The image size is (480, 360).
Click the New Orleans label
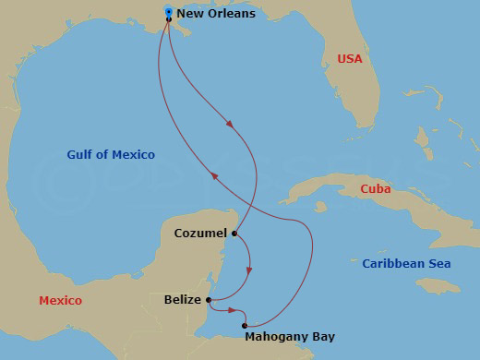(215, 14)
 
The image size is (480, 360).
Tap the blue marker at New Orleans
(168, 11)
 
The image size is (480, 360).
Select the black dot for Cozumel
(234, 234)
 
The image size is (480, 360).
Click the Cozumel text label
(200, 234)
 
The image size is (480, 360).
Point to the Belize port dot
(210, 299)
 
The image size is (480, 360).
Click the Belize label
(183, 299)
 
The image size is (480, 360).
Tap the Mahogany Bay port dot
(245, 325)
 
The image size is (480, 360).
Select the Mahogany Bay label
(290, 337)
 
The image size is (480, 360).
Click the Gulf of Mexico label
(111, 154)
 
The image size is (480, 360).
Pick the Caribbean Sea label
(406, 263)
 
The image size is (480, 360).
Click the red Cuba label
(375, 189)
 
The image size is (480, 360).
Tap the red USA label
(350, 58)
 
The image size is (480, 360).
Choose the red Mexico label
(60, 301)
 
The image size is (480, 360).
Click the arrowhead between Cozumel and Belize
(247, 270)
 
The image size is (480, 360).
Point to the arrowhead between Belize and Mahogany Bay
(232, 311)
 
